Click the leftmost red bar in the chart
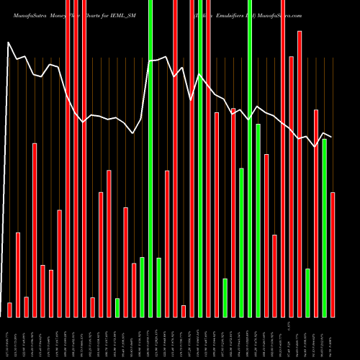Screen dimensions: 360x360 coord(9,310)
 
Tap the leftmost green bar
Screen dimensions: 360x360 coord(117,307)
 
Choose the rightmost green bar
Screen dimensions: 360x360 coord(325,228)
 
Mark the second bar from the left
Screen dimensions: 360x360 coord(18,274)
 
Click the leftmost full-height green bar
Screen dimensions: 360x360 coord(150,158)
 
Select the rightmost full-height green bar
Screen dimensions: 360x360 coord(250,158)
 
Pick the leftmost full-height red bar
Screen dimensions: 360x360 coord(68,158)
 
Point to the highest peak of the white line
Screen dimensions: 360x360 coord(9,42)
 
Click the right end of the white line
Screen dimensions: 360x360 coord(331,137)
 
